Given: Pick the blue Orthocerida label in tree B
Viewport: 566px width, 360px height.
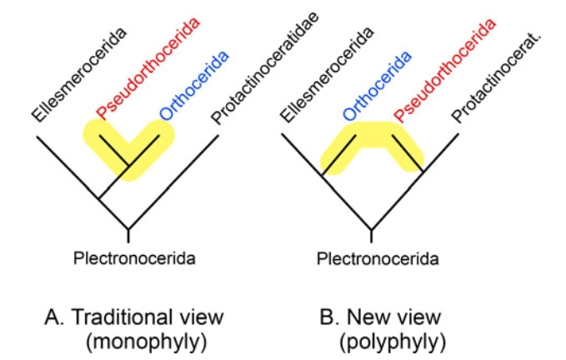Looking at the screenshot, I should (x=377, y=86).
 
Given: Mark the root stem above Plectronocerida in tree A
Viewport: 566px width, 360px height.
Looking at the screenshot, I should (x=128, y=221).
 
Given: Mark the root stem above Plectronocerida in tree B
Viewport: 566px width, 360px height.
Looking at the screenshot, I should (x=372, y=221).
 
